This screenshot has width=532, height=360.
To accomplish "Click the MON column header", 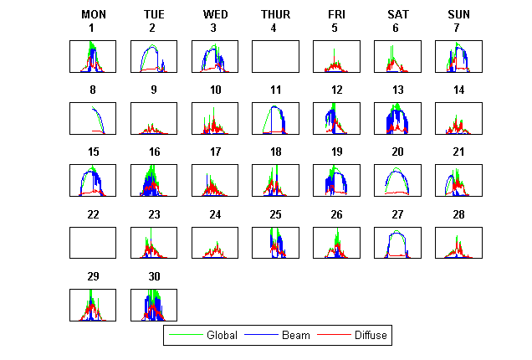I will pos(93,14).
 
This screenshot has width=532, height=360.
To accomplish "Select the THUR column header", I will pos(275,14).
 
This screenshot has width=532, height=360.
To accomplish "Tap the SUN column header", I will pos(458,14).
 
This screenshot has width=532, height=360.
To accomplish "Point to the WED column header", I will pos(215,14).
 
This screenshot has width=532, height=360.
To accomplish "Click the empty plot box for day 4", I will pos(275,56).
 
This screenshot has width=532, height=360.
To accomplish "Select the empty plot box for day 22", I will pos(93,243).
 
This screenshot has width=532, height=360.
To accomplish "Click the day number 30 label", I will pos(153,276).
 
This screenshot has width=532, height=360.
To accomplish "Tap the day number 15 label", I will pos(93,152).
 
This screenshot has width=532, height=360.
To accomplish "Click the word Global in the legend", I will pos(222,335).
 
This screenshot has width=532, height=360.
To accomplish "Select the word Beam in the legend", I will pos(295,335).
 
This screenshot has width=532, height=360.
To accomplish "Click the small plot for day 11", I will pos(275,118).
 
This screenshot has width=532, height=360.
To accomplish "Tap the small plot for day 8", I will pos(93,118).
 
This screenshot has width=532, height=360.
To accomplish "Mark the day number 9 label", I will pos(153,90).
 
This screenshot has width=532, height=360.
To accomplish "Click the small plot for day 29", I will pos(93,305).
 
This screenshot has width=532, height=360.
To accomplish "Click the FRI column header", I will pos(336,14).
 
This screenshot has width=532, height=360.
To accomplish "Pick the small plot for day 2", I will pos(153,56).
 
